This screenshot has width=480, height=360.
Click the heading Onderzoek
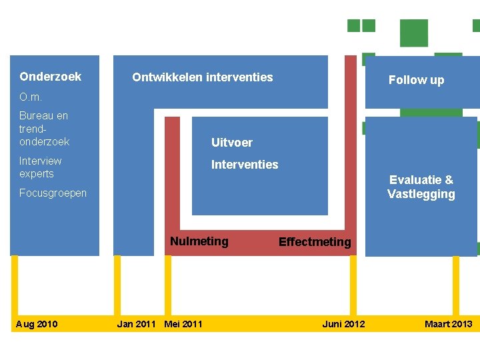coord(51,77)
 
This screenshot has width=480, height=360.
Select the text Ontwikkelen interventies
coord(203,77)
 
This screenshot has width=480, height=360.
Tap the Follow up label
coord(416,80)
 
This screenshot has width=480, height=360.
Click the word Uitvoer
coord(232,143)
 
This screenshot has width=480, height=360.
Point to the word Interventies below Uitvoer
coord(245,165)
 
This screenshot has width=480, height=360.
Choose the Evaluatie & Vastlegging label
coord(421,187)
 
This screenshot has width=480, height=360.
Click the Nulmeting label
coord(199,241)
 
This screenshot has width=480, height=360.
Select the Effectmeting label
coord(315,242)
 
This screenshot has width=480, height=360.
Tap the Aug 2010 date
coord(37,325)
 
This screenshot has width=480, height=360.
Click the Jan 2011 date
coord(136,325)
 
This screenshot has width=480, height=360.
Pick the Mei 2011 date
coord(183,325)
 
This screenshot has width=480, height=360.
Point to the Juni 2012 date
coord(343,325)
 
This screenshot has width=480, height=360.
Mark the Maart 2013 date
coord(448,325)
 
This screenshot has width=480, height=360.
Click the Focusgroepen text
coord(53,193)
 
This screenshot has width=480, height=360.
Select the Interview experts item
coord(41,167)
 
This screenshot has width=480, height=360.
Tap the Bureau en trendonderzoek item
coord(44,129)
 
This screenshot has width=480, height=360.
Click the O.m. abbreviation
coord(31,98)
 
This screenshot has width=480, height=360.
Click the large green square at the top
coord(413,33)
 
